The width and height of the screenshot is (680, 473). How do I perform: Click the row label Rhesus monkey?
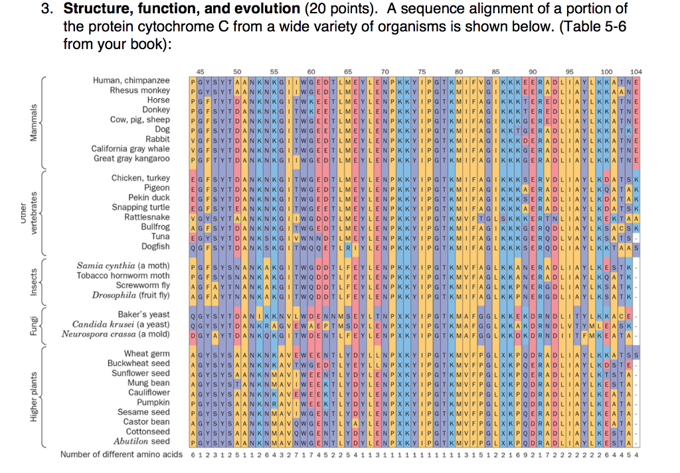click(139, 90)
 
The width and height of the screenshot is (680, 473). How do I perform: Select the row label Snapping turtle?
click(140, 207)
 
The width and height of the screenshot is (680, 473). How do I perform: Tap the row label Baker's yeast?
click(143, 314)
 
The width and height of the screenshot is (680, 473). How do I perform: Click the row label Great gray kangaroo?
click(131, 159)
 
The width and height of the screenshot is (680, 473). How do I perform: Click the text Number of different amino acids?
click(122, 454)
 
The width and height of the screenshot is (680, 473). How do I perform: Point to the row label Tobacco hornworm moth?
click(123, 275)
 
